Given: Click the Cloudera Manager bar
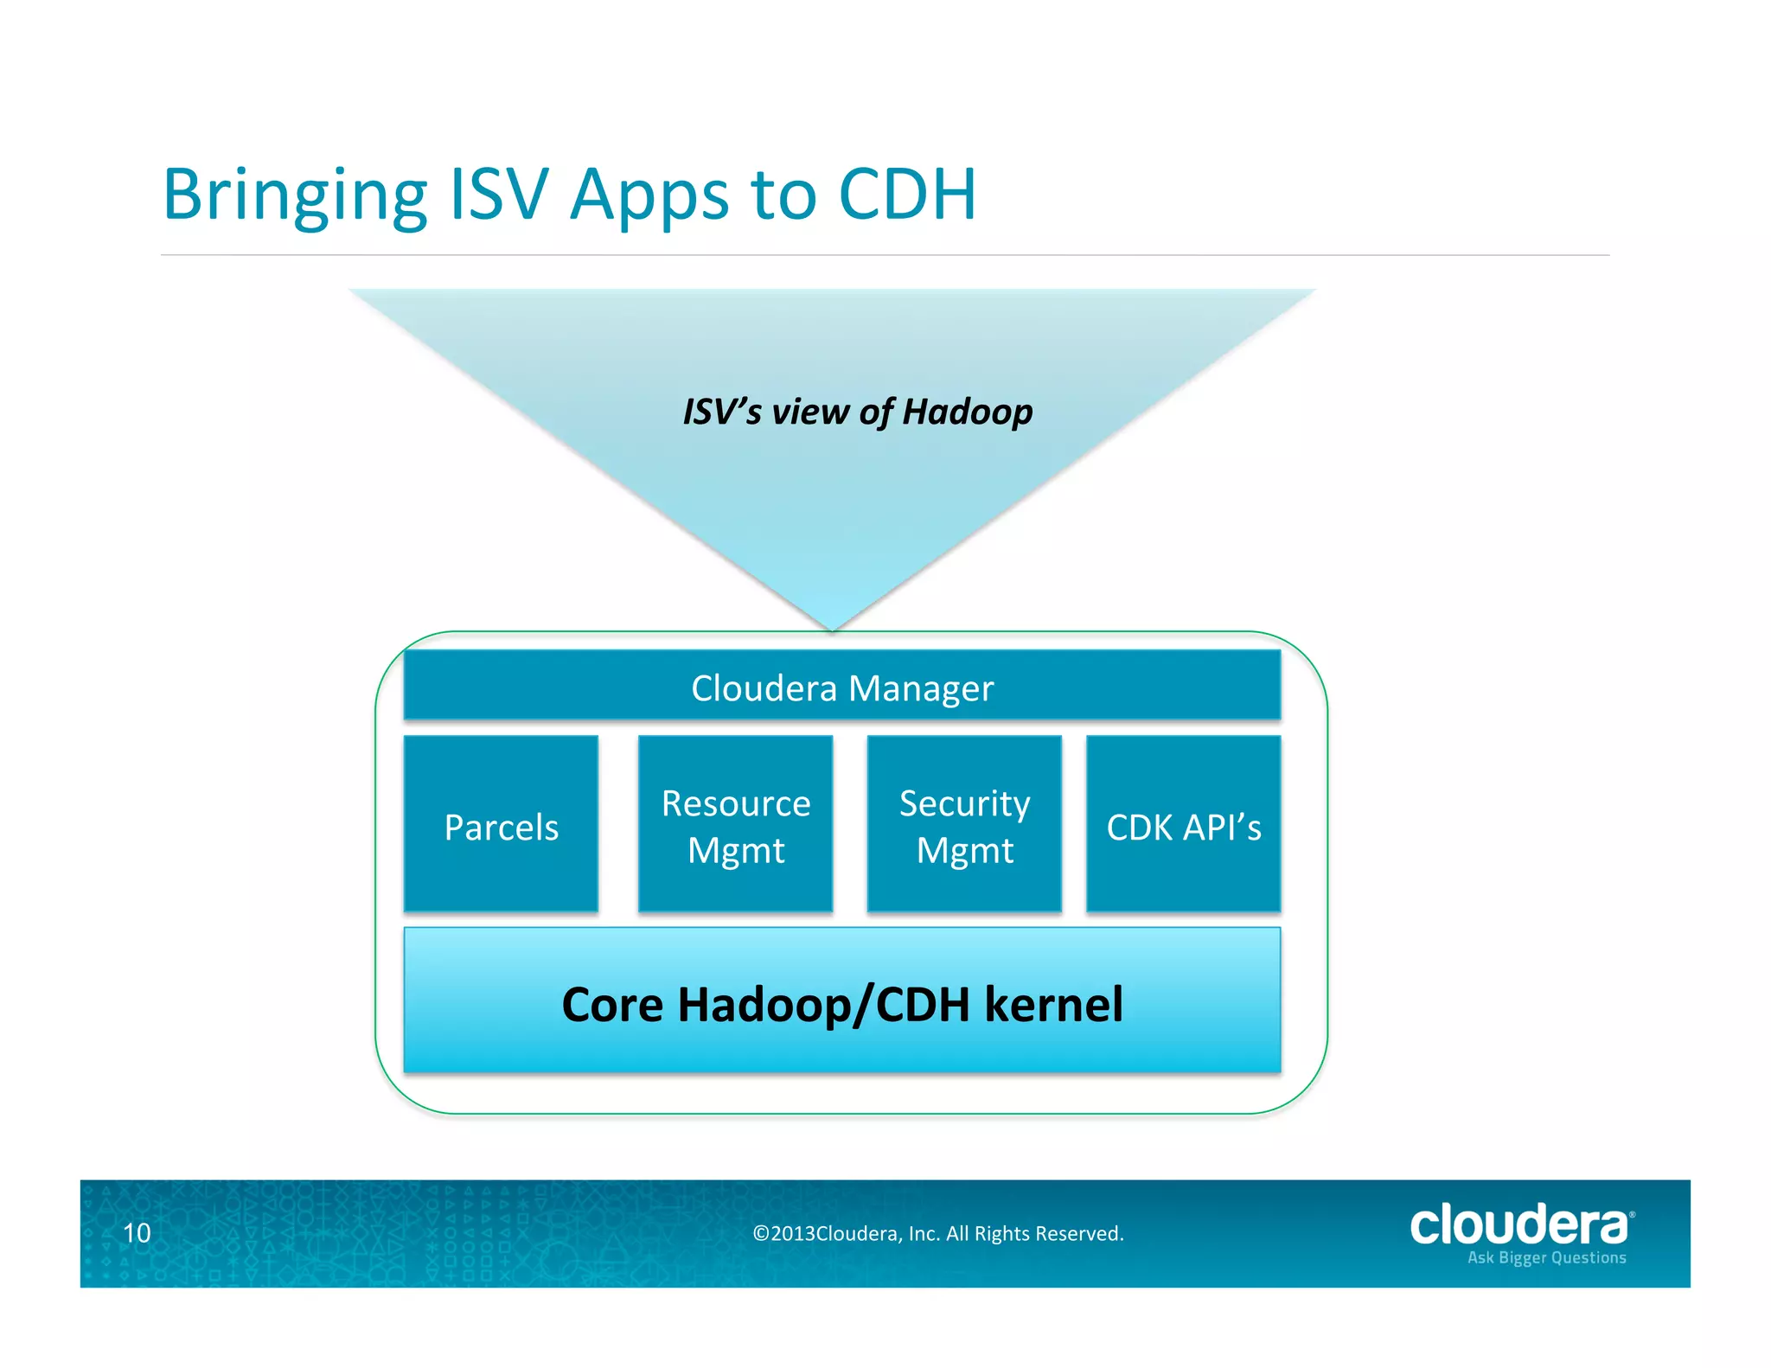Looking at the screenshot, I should pos(841,685).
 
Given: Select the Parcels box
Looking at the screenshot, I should pos(501,824).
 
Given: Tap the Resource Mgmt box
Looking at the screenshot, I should pos(735,824).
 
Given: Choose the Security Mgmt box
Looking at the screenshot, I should pos(964,824).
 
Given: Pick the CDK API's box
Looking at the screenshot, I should pos(1183,824).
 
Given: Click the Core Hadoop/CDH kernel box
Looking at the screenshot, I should pos(841,1000).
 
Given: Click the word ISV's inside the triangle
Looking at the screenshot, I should pos(722,412).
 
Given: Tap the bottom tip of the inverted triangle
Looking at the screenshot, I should pos(832,626).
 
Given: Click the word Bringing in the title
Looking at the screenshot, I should pos(295,195).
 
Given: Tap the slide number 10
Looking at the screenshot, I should pos(137,1232).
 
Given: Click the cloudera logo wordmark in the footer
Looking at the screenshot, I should pos(1519,1224).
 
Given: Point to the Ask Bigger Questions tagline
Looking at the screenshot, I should pos(1546,1257).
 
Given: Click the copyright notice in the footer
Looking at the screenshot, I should pos(938,1233).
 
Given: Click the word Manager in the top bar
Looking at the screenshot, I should pos(921,688).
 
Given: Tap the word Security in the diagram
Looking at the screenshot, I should pos(964,803).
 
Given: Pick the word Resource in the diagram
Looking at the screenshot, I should pos(736,803).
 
